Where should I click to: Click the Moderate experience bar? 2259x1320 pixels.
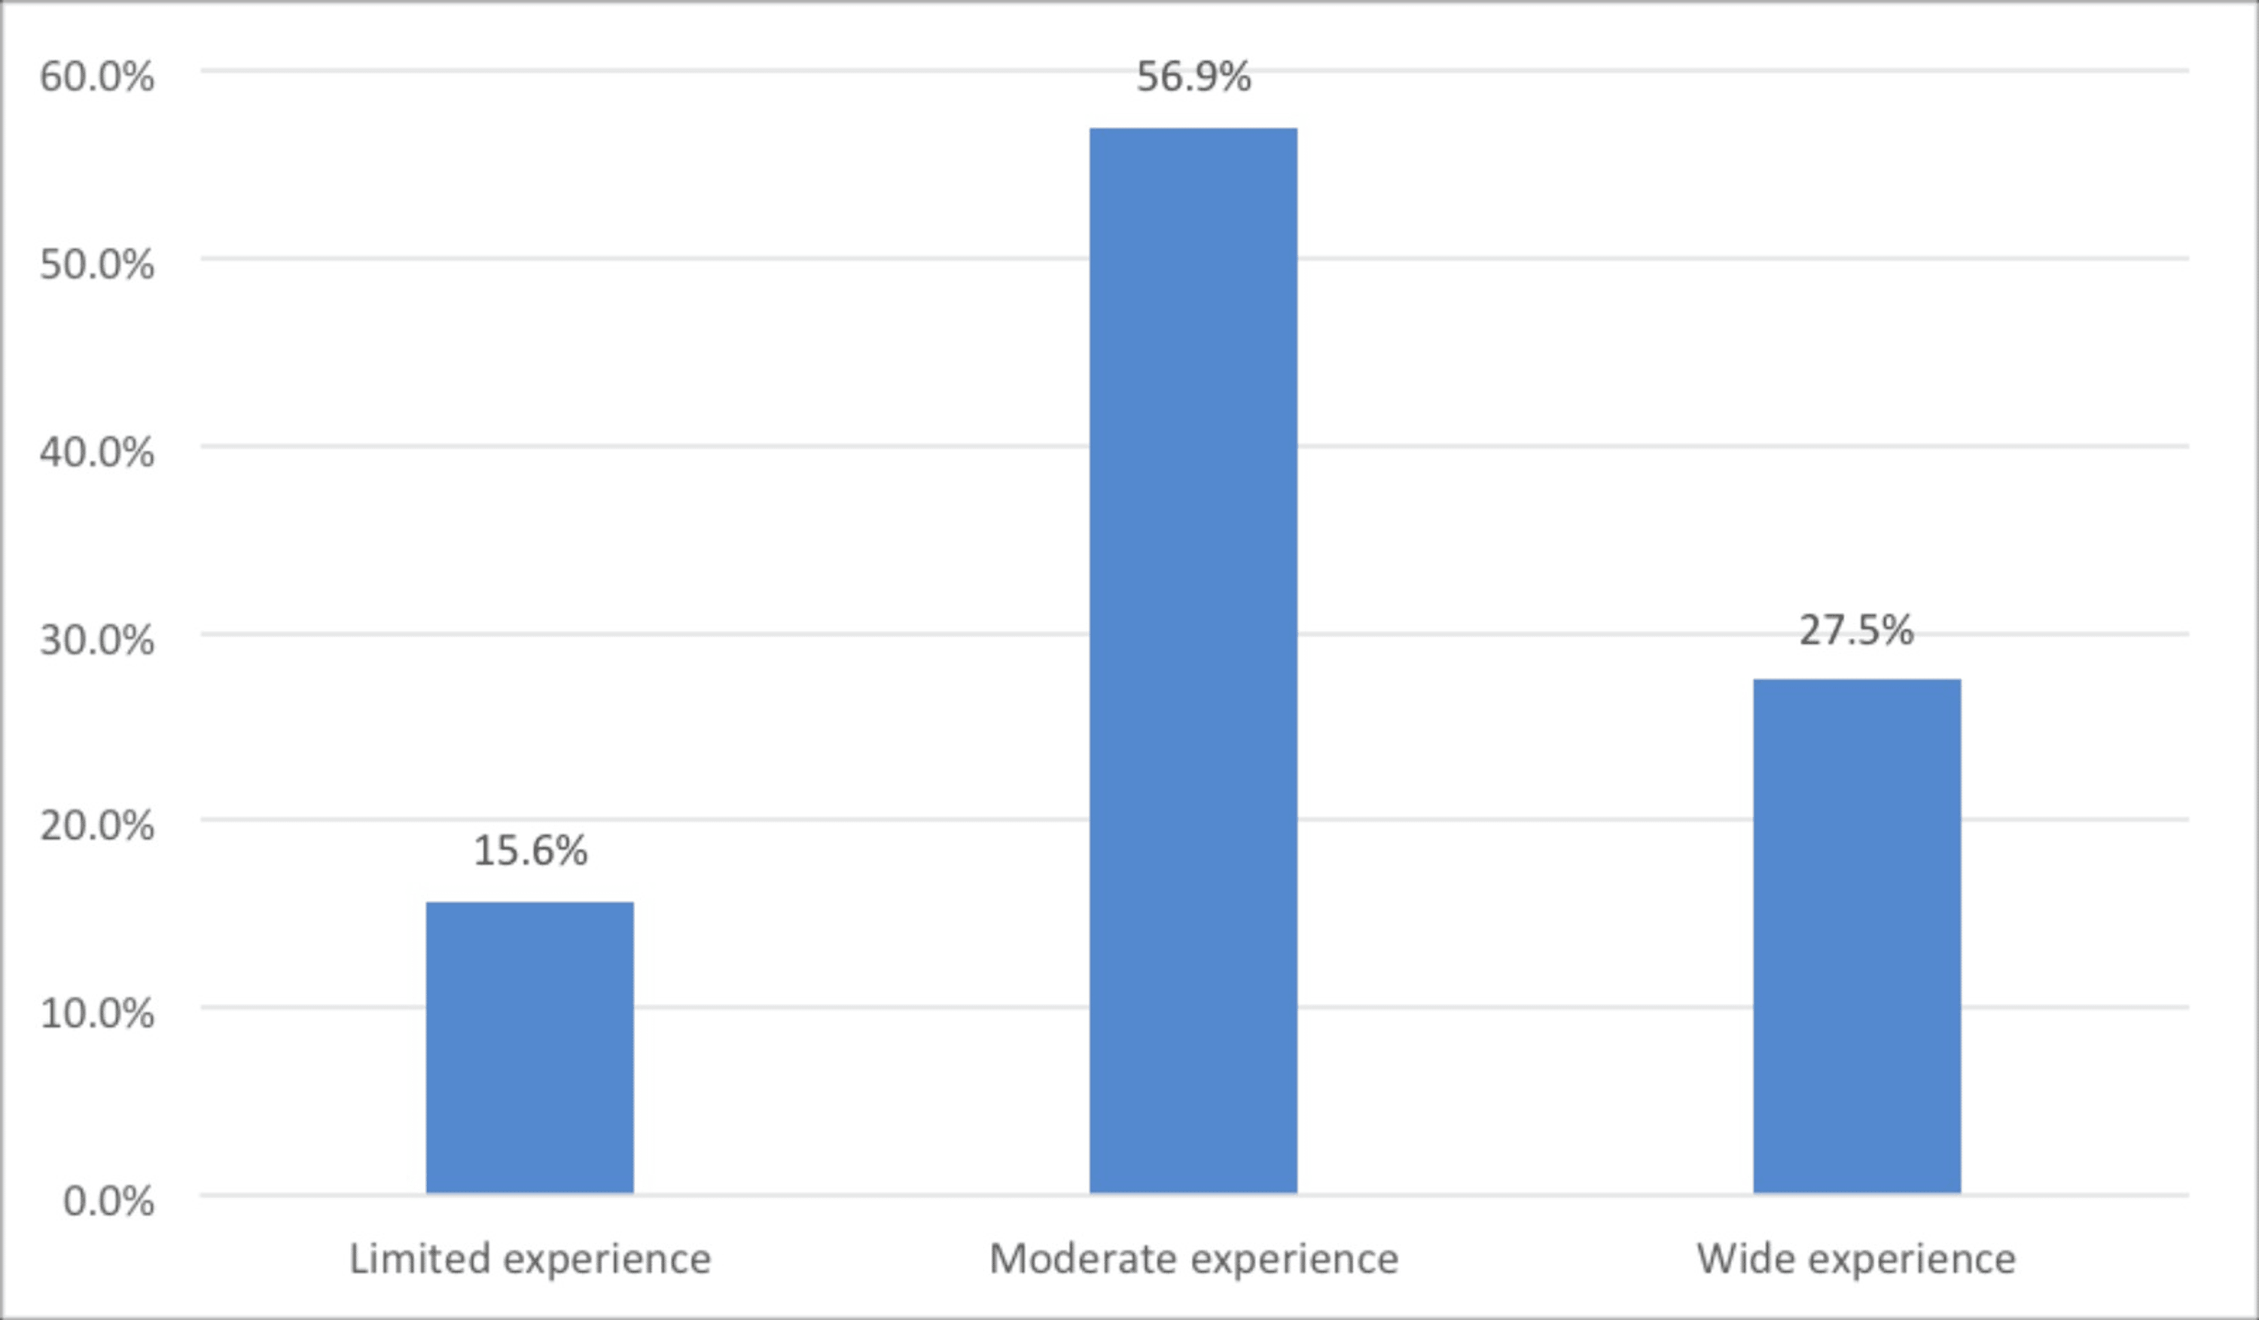pos(1194,660)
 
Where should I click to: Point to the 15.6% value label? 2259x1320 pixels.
pos(530,850)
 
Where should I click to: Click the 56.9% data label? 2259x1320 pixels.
pos(1194,77)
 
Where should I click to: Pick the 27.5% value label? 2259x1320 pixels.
pos(1856,630)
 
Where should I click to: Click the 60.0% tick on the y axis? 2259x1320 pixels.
pos(97,77)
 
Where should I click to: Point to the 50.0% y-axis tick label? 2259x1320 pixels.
pos(97,265)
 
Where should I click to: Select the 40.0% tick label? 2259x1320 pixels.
pos(97,453)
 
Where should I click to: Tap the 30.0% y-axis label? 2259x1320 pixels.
pos(97,640)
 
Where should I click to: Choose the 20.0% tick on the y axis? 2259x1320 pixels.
pos(97,825)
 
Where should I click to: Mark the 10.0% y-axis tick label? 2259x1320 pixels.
pos(97,1014)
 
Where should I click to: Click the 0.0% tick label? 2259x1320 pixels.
pos(108,1201)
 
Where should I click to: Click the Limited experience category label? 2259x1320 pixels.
pos(530,1259)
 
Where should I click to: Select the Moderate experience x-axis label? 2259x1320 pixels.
pos(1194,1259)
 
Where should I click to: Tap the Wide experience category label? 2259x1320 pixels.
pos(1856,1259)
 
